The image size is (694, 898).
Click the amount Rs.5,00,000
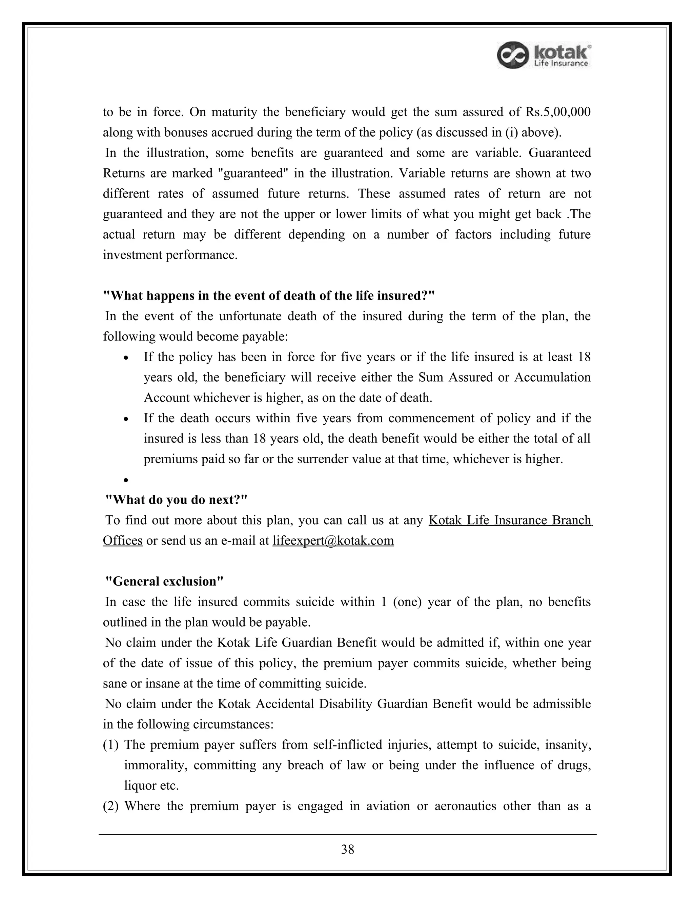click(558, 112)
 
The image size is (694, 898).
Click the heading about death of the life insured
click(269, 295)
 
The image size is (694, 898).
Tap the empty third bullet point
click(126, 480)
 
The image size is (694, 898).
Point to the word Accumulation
click(552, 377)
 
